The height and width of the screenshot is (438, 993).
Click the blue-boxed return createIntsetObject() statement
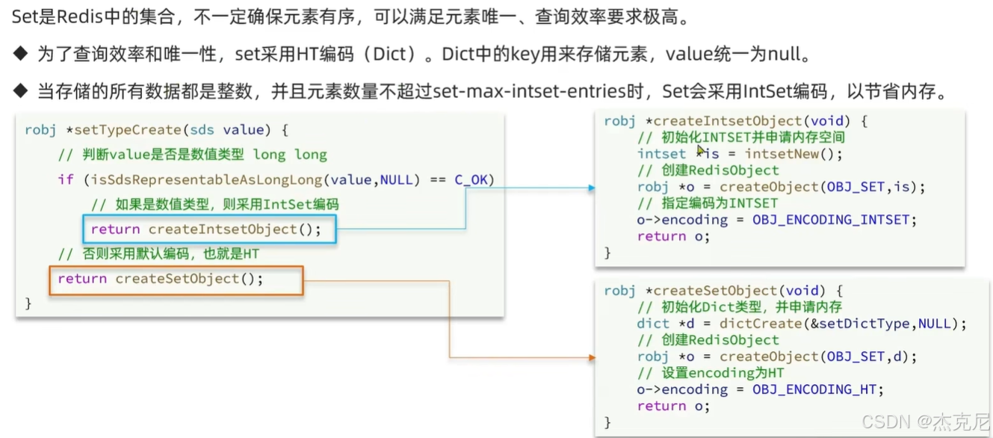click(x=206, y=229)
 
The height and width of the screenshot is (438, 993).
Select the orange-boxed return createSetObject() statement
click(x=161, y=279)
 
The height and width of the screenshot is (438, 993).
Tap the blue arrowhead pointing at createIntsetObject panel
click(x=591, y=187)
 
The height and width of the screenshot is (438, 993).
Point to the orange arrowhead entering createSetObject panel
click(x=591, y=357)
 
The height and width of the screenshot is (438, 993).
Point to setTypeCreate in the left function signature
click(x=126, y=130)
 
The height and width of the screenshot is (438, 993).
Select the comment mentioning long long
click(x=193, y=155)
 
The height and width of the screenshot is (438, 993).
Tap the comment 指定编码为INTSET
click(x=708, y=203)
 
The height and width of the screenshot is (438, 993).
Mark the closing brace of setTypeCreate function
click(x=28, y=303)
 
